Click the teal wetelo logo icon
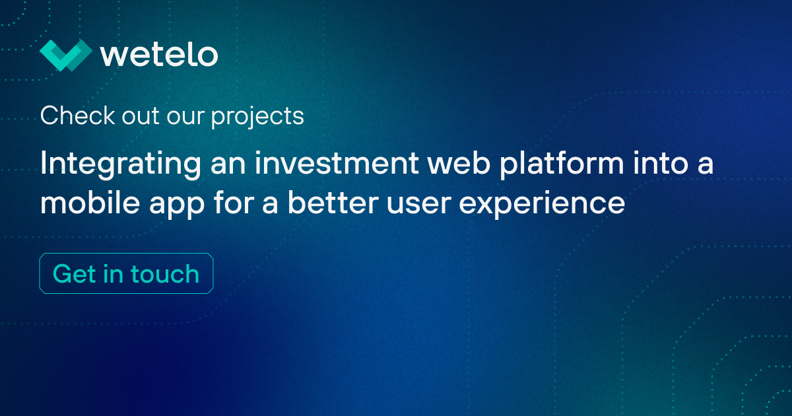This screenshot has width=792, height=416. (x=65, y=55)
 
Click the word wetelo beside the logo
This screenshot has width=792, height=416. (x=159, y=55)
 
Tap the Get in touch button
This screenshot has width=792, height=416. (x=126, y=273)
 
